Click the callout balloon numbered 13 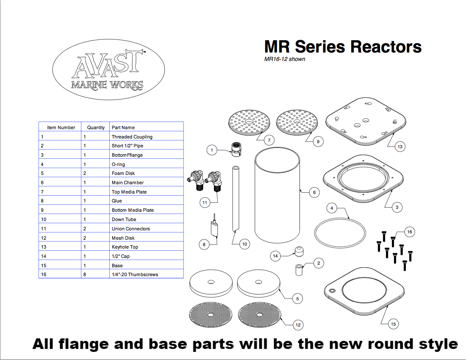399,147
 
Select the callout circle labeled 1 212,149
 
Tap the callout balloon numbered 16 409,232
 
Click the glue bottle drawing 216,229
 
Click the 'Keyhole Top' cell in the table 125,247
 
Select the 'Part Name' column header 123,127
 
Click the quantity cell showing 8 85,274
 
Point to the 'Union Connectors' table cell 130,229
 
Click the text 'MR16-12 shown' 285,59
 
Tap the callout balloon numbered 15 393,324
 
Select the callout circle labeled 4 333,208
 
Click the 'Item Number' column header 61,127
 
